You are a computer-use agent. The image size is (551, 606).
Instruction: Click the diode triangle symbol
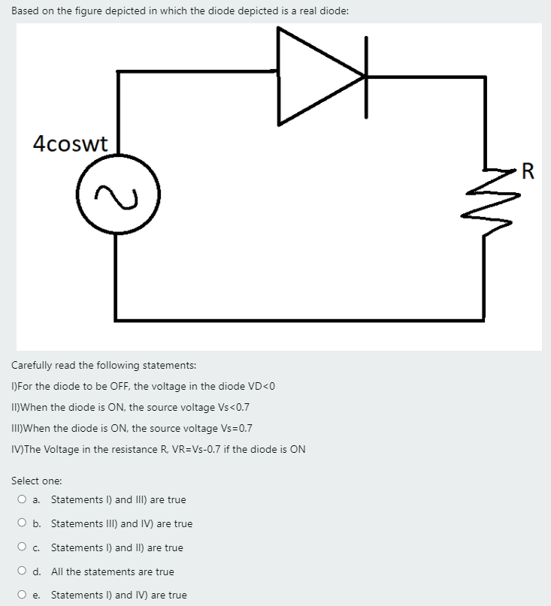[316, 76]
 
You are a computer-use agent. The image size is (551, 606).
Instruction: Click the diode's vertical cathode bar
[366, 77]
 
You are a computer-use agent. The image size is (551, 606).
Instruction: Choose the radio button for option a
[24, 499]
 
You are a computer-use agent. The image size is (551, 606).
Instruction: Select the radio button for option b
[24, 523]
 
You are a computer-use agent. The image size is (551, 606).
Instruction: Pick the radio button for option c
[24, 547]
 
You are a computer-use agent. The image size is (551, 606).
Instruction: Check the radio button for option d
[24, 571]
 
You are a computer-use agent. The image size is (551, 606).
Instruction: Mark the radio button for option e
[24, 595]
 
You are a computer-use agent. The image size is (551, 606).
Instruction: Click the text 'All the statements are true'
[112, 571]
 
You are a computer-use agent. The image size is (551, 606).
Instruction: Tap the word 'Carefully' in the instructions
[32, 366]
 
